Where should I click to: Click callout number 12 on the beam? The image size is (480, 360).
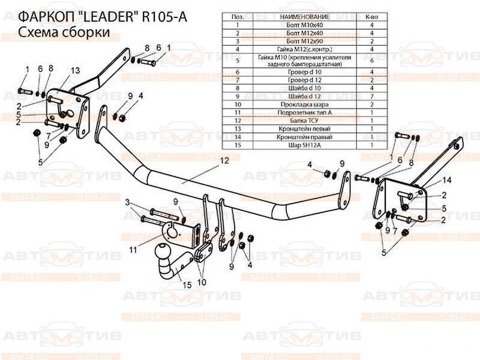(x=224, y=161)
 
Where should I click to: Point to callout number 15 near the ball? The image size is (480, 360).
(x=187, y=284)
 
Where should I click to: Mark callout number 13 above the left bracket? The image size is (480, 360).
(x=74, y=70)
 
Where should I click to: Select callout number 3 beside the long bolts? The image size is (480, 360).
(x=127, y=205)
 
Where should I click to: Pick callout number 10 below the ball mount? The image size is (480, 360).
(x=201, y=280)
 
